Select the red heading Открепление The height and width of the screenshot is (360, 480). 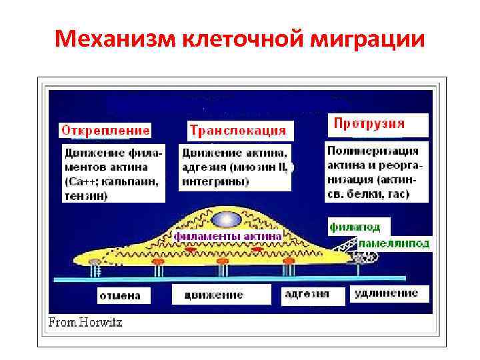(106, 129)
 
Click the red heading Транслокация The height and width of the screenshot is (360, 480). (237, 129)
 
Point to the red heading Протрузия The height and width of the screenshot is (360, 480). (369, 123)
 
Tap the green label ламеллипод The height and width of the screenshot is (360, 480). (394, 244)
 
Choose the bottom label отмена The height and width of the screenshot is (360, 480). (120, 295)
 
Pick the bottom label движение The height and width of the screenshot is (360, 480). (214, 295)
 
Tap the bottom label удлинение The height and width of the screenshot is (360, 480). (387, 292)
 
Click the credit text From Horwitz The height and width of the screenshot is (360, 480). (85, 323)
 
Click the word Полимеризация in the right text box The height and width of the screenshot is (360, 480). (373, 151)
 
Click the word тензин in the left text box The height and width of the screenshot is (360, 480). (86, 195)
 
